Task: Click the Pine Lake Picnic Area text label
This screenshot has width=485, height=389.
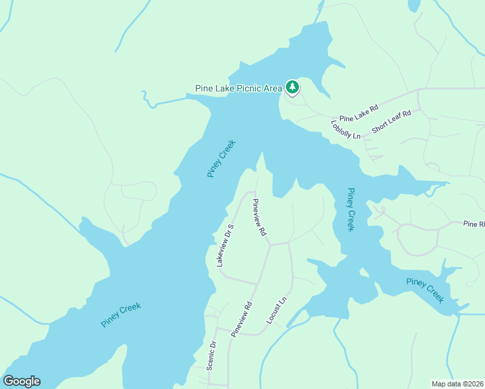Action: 239,88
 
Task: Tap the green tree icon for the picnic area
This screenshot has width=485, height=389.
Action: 292,87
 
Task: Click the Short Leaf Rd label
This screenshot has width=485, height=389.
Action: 392,123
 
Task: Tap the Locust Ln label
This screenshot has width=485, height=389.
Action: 276,312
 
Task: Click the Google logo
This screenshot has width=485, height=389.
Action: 21,381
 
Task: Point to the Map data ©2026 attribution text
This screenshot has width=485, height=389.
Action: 457,383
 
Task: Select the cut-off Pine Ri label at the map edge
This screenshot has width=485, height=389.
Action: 473,224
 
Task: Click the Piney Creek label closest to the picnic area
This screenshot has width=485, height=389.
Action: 221,159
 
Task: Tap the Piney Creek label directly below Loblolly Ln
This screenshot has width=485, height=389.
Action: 350,210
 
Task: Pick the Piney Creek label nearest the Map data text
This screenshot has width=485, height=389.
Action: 425,290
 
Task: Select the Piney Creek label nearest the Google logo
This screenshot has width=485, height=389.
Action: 121,315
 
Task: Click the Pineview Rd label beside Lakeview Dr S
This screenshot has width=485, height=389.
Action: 259,217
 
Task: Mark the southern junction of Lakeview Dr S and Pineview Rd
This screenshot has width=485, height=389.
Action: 258,283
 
